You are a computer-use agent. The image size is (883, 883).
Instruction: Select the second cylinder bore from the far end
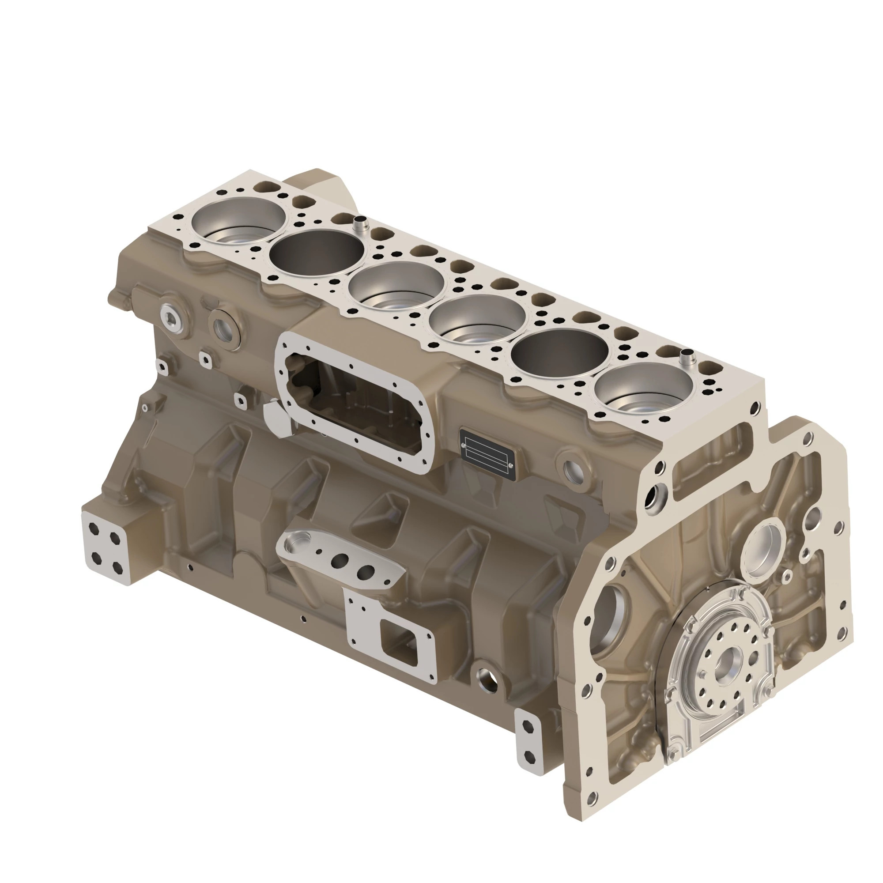tap(317, 253)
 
